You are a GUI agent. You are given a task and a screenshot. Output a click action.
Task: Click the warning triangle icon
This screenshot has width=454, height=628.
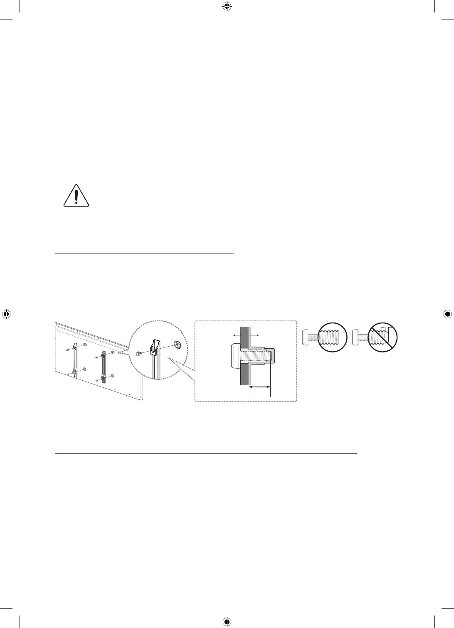point(76,195)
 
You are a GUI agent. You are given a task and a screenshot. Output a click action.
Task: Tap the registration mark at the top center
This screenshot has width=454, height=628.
point(227,6)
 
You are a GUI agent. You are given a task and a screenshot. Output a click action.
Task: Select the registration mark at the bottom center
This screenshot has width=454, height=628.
point(227,621)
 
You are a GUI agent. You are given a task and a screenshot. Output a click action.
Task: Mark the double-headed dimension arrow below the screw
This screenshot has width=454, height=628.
point(259,387)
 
